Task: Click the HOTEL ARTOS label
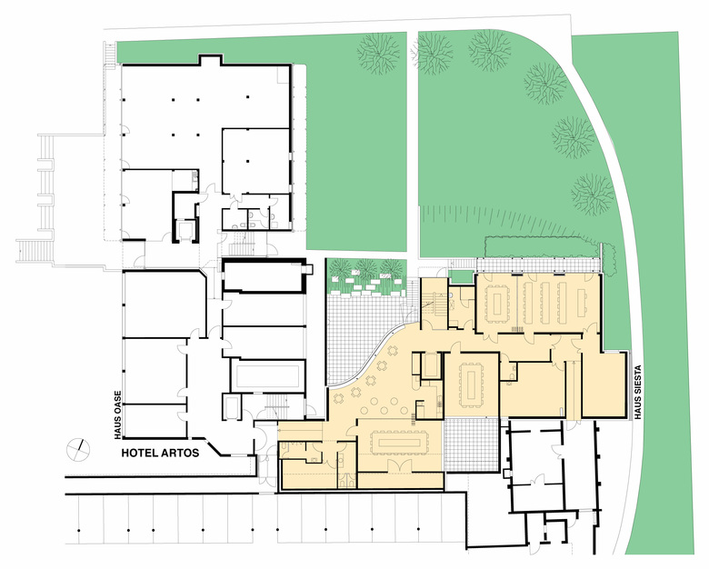pos(160,453)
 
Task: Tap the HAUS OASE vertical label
pos(118,415)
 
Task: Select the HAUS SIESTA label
pos(638,393)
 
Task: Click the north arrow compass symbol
pos(78,450)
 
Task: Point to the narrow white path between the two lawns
pos(413,145)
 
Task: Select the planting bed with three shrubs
pos(365,276)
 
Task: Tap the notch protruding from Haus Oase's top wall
pos(211,60)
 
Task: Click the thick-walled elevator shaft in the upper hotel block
pos(185,217)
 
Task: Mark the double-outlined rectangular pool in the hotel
pos(265,375)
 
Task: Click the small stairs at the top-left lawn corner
pos(110,54)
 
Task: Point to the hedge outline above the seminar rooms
pos(543,247)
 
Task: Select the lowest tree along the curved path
pos(593,194)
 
